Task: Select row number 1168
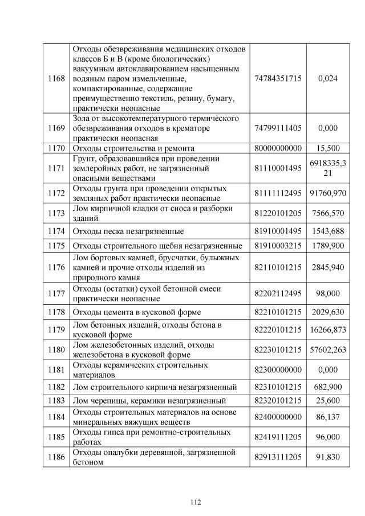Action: click(56, 78)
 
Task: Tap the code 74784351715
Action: click(278, 78)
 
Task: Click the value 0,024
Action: click(328, 78)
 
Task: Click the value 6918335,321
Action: click(328, 168)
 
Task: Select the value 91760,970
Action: click(328, 193)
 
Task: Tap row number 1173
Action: click(56, 213)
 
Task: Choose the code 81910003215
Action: click(278, 246)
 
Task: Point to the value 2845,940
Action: click(328, 267)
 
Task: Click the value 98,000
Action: click(328, 293)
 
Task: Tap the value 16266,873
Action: click(328, 329)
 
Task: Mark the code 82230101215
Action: click(278, 349)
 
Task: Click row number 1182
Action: click(56, 387)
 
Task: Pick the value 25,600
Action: click(328, 401)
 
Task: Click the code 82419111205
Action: click(278, 437)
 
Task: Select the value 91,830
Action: click(328, 457)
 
